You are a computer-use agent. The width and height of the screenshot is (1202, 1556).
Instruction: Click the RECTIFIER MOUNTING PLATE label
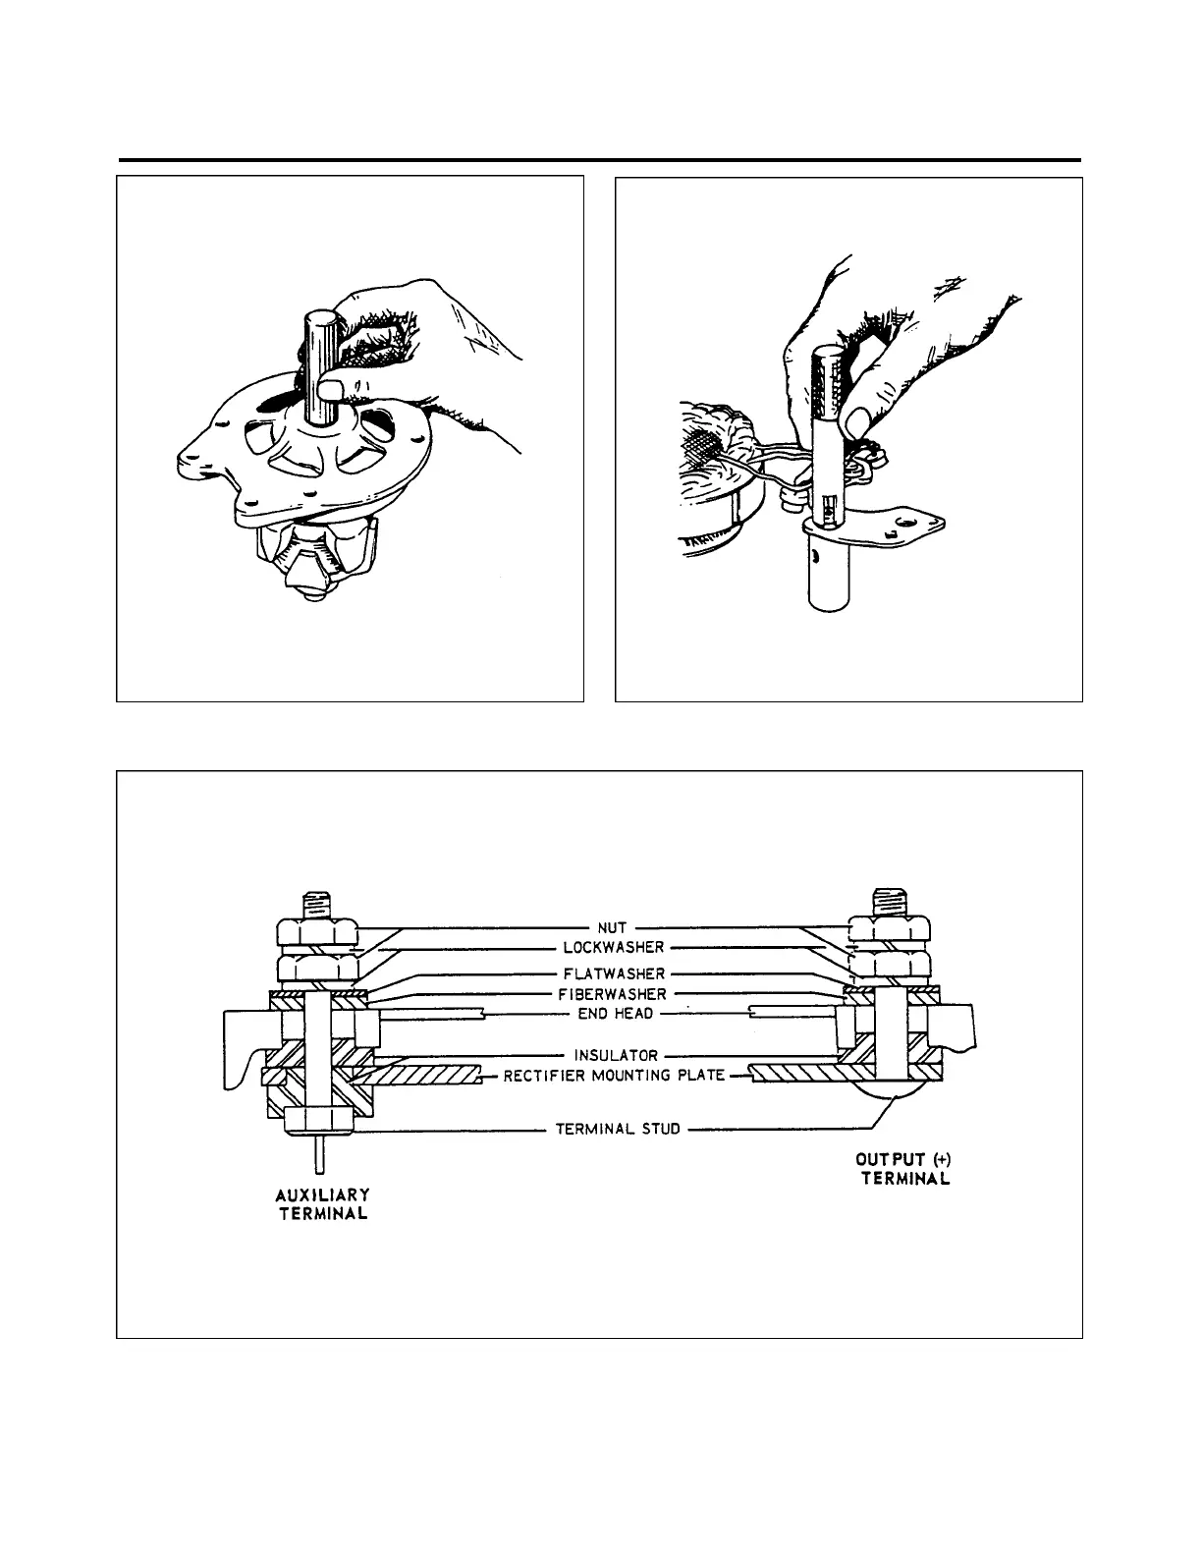615,1076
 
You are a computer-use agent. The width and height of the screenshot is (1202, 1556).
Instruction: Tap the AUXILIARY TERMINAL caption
322,1203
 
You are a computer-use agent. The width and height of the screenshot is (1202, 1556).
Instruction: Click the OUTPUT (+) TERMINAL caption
904,1170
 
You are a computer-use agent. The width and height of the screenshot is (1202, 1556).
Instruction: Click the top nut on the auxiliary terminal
316,930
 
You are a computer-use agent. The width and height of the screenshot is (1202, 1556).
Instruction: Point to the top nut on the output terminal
889,928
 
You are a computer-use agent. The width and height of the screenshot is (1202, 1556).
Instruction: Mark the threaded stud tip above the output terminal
888,900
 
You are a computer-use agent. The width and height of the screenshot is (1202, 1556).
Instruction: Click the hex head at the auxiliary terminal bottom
316,1121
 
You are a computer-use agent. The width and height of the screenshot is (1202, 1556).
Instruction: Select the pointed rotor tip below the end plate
309,593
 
